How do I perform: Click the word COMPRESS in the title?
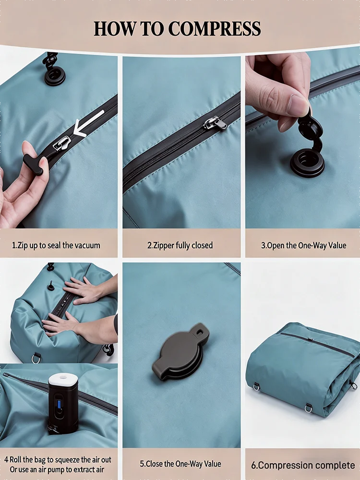[x=214, y=29]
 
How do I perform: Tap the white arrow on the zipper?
[x=89, y=124]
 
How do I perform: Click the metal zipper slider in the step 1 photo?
[x=62, y=143]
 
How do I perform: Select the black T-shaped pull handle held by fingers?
[x=33, y=164]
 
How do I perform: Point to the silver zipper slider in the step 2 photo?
[x=216, y=123]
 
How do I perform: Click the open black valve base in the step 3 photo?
[x=307, y=162]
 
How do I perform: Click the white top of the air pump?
[x=63, y=380]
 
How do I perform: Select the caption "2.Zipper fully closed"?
[x=180, y=245]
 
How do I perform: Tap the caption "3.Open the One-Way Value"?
[x=304, y=245]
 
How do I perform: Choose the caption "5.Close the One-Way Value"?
[x=180, y=464]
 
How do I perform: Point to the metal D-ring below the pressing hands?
[x=36, y=358]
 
